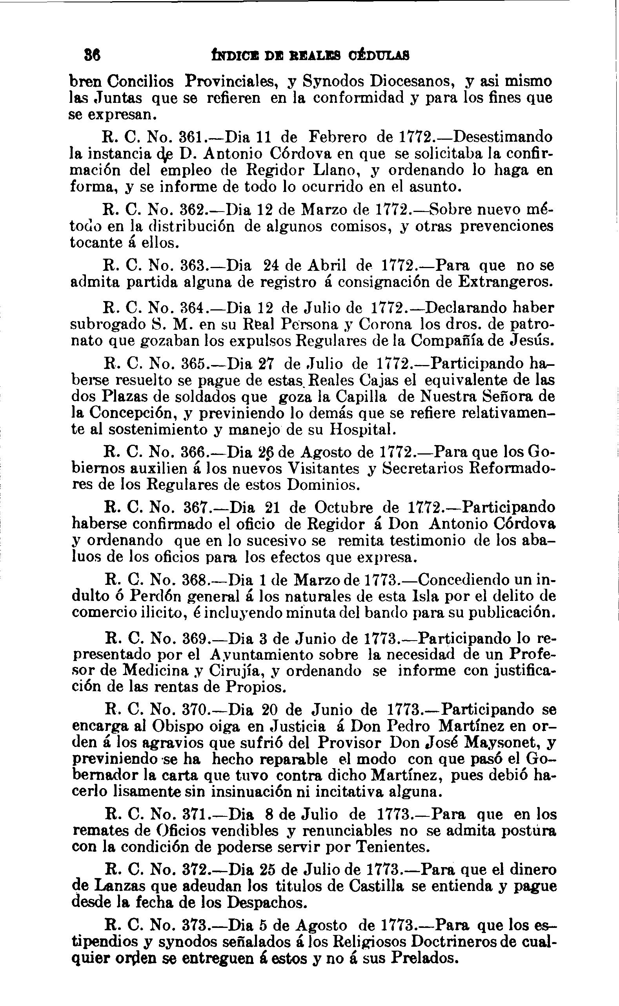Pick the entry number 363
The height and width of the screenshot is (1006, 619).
tap(193, 266)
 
